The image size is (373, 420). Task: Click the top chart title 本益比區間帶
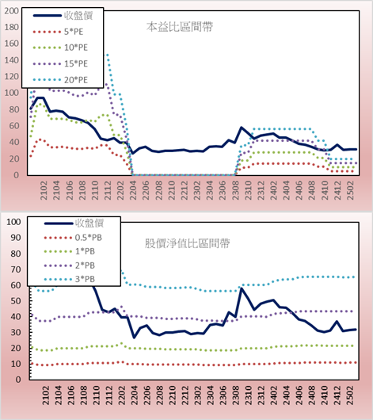[180, 27]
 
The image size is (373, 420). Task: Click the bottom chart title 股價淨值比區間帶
[187, 243]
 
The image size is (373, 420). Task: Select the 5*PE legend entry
[58, 32]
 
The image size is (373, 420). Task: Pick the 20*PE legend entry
[60, 80]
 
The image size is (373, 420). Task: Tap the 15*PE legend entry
[60, 63]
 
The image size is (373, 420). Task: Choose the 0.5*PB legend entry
[73, 238]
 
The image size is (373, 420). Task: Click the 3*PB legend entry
[70, 279]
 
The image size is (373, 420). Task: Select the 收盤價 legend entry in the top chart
[63, 16]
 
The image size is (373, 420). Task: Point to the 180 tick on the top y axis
[12, 27]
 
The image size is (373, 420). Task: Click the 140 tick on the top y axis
[12, 60]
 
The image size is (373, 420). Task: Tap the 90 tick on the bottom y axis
[16, 238]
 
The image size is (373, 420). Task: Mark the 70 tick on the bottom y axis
[16, 269]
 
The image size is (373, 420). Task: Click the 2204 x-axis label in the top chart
[133, 190]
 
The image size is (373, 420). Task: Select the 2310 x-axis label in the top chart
[248, 190]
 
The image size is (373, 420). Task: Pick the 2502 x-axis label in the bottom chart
[350, 395]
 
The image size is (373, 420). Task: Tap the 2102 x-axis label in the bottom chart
[45, 395]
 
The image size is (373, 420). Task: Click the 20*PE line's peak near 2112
[108, 55]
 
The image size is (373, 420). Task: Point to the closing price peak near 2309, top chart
[242, 128]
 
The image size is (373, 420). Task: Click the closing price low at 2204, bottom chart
[134, 338]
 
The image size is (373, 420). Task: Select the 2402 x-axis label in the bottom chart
[274, 395]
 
